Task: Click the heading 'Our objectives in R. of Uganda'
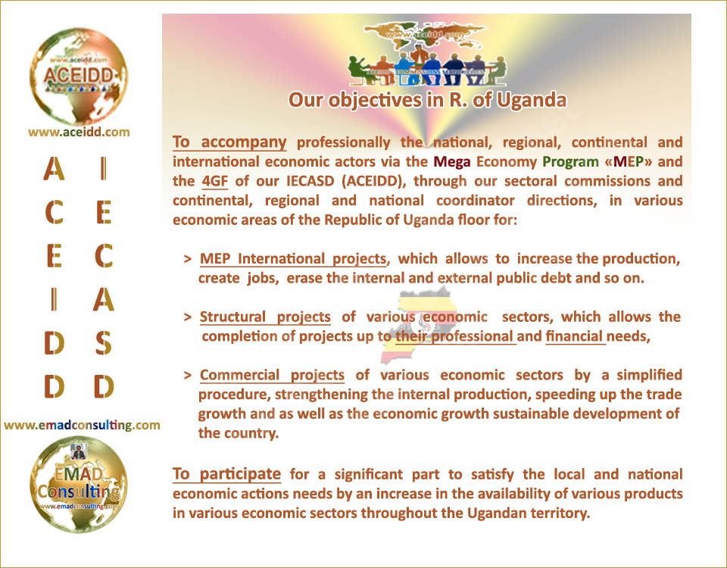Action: (x=427, y=101)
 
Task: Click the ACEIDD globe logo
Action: (x=78, y=76)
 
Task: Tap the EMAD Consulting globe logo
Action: (x=78, y=484)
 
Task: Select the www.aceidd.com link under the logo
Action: (x=79, y=132)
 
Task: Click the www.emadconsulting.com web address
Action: (x=82, y=425)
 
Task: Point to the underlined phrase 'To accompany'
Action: (x=229, y=142)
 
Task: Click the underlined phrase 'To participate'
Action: (x=226, y=474)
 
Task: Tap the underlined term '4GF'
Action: (x=214, y=181)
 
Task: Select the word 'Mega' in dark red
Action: (x=451, y=162)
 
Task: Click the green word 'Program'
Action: (x=570, y=162)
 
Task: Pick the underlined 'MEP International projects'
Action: (x=293, y=259)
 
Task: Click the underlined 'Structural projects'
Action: (x=265, y=317)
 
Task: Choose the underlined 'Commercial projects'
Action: (x=272, y=375)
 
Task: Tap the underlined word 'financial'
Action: (x=575, y=336)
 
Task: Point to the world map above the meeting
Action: (x=425, y=34)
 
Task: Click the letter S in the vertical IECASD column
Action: (x=104, y=343)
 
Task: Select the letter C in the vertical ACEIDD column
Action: (x=55, y=213)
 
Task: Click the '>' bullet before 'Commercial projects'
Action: (x=188, y=375)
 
